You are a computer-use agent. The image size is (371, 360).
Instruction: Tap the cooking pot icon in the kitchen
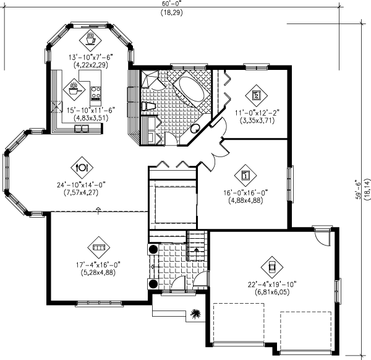click(x=75, y=88)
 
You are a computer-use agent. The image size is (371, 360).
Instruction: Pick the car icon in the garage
click(x=271, y=267)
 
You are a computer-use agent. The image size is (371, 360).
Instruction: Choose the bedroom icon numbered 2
click(x=256, y=95)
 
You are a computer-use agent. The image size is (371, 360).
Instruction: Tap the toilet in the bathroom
click(x=146, y=107)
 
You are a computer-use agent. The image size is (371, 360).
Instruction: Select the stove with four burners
click(x=96, y=93)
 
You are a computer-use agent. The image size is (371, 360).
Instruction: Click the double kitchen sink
click(x=81, y=129)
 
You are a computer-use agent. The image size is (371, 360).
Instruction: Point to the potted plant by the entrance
click(x=195, y=314)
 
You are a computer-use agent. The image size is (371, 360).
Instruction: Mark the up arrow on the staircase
click(x=195, y=248)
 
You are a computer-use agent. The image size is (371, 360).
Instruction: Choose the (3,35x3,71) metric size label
click(x=257, y=121)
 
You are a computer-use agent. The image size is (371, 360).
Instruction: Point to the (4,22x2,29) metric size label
click(x=91, y=64)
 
